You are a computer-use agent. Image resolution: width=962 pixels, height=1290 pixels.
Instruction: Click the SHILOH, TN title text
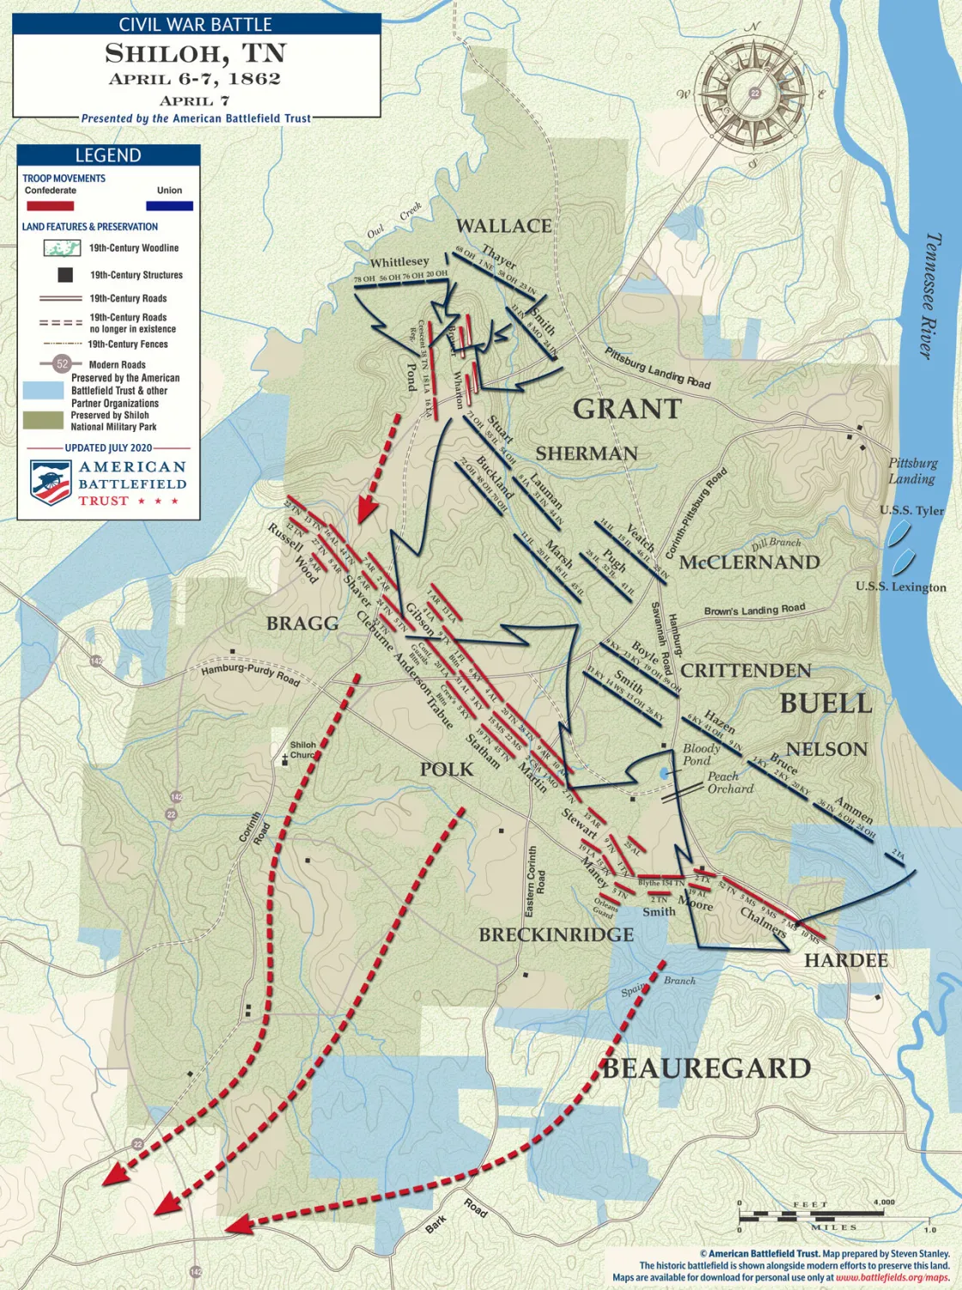195,53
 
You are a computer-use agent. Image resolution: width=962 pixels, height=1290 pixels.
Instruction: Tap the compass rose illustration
754,93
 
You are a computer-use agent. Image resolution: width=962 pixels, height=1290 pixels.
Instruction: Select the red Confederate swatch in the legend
50,206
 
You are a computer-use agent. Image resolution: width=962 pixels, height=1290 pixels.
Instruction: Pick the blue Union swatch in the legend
169,206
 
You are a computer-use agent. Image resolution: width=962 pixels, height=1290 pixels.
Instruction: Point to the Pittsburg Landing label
912,471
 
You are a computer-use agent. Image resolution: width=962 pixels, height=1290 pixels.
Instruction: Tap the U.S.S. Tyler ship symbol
899,534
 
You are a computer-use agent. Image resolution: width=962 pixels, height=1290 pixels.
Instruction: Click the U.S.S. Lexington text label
900,587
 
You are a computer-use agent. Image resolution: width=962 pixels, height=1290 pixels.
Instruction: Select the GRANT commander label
627,409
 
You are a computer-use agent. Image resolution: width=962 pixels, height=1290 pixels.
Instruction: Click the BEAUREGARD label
706,1068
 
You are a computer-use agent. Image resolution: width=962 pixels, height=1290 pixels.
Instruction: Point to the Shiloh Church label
302,750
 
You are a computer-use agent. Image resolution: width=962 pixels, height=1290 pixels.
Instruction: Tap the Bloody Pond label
701,754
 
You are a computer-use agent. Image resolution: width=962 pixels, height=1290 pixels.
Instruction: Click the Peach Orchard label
730,782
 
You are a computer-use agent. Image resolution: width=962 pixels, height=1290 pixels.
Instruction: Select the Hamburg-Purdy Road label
250,674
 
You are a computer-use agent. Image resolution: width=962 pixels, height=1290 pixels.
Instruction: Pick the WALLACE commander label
503,226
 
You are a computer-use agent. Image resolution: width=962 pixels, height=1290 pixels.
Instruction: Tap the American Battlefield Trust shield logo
50,481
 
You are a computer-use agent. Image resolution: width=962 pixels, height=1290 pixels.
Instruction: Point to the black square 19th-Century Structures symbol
64,275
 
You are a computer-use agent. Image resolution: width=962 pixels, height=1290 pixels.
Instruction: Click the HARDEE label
845,960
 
